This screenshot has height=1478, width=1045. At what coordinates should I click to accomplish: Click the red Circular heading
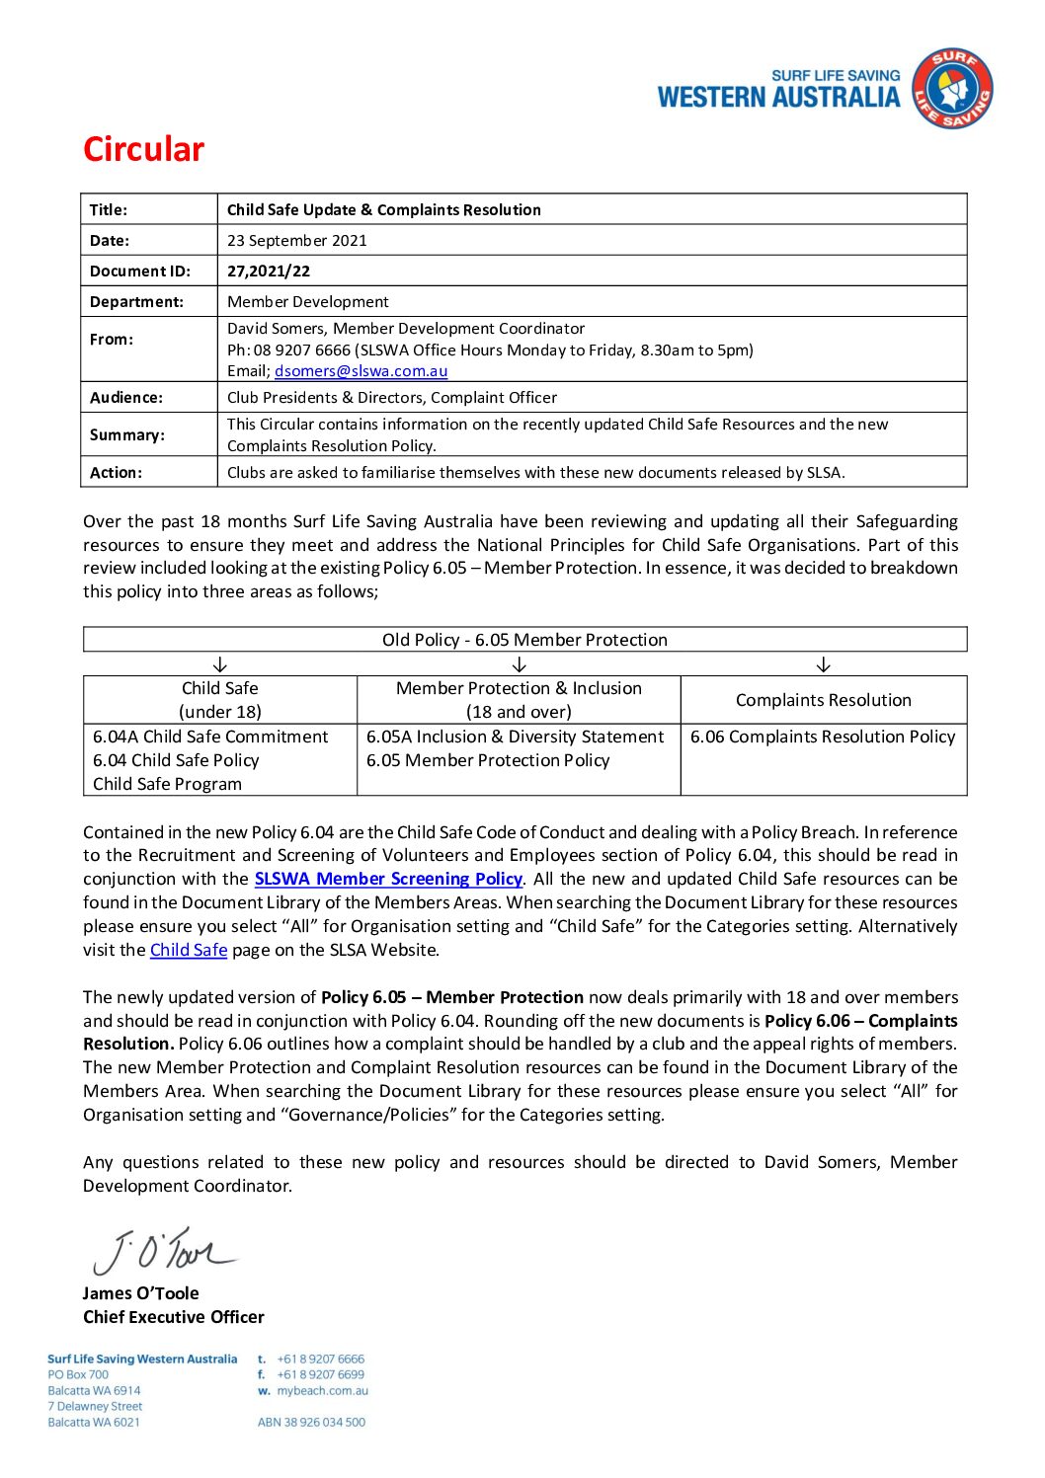click(x=143, y=149)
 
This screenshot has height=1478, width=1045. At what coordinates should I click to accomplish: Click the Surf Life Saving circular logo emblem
click(x=951, y=89)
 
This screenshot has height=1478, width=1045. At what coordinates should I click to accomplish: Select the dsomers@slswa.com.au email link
click(x=361, y=371)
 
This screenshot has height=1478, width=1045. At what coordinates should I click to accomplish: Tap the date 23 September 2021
click(x=296, y=241)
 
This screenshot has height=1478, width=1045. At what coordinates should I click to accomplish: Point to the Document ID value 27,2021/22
click(x=268, y=272)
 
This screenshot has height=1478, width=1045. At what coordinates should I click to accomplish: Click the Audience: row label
click(x=126, y=398)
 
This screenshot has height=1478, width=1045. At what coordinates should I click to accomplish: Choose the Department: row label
click(x=136, y=302)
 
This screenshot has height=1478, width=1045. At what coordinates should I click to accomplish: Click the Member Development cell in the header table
click(x=307, y=302)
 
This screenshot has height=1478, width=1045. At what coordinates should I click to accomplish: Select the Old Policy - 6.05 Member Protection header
click(x=524, y=640)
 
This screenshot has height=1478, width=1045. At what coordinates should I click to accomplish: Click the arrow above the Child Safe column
click(x=220, y=664)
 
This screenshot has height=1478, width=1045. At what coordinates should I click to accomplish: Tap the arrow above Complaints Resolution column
click(x=823, y=664)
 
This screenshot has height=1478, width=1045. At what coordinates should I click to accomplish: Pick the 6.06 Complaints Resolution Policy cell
click(x=823, y=737)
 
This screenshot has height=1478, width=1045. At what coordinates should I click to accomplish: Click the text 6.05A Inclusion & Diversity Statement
click(x=515, y=737)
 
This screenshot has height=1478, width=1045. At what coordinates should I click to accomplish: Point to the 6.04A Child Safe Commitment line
click(x=210, y=737)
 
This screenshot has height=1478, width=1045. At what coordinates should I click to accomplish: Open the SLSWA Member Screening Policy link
click(x=388, y=879)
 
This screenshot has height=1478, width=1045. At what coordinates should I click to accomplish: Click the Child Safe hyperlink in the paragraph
click(x=189, y=950)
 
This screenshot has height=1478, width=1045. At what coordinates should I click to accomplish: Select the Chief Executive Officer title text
click(x=174, y=1317)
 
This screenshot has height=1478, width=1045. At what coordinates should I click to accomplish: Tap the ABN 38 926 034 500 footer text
click(x=311, y=1423)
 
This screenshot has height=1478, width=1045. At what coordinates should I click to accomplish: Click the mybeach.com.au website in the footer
click(x=322, y=1391)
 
